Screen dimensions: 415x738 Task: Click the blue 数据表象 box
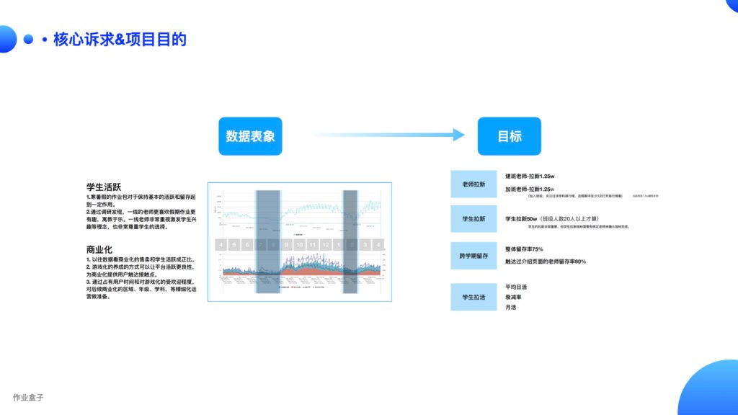pos(250,135)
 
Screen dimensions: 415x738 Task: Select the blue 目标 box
pos(509,135)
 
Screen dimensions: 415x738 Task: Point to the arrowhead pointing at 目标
pos(457,135)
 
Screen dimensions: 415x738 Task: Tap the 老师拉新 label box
pos(474,184)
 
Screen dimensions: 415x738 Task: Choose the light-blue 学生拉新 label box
pos(474,218)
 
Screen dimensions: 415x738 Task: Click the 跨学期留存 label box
pos(474,255)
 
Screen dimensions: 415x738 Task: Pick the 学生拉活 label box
pos(474,296)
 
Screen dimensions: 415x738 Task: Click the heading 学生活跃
pos(104,187)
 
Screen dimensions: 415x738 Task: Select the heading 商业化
pos(99,249)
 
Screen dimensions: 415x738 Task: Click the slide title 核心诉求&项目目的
pos(120,40)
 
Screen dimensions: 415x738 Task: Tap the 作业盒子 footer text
pos(29,397)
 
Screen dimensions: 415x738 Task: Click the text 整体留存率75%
pos(525,249)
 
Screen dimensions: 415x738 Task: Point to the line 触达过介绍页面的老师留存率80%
pos(546,261)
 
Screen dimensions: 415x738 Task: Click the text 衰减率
pos(513,297)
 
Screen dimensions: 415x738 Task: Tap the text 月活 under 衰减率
pos(510,308)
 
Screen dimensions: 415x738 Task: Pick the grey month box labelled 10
pos(299,245)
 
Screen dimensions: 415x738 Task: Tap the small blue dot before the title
pos(29,40)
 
